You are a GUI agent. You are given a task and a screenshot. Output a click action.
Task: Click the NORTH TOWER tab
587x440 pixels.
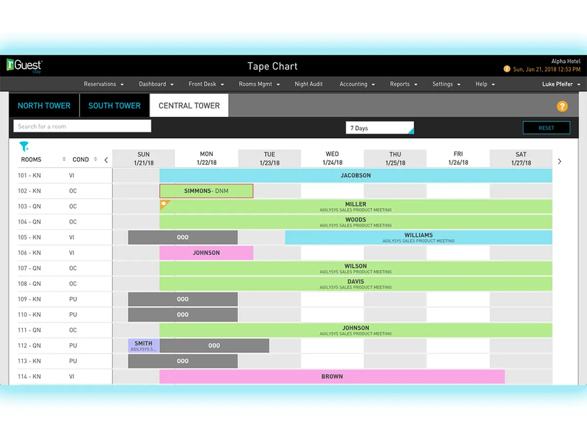point(44,106)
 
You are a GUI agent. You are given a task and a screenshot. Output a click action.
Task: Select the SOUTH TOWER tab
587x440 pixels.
point(114,106)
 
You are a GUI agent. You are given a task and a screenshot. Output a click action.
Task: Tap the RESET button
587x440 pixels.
point(546,128)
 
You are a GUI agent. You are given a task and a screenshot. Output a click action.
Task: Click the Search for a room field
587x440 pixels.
point(82,126)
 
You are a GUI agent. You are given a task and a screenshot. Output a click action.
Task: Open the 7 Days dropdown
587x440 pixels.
point(380,128)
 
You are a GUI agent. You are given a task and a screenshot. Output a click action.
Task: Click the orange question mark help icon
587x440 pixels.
point(562,106)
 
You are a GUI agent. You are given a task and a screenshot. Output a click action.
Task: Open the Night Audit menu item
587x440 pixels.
point(309,84)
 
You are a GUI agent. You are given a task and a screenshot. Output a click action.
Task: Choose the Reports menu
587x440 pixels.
point(404,84)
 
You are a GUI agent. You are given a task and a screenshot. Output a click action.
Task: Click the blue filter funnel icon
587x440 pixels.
point(24,146)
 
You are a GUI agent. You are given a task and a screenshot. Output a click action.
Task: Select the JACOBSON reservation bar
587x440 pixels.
point(356,176)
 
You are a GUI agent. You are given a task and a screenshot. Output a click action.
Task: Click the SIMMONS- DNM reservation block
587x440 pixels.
point(206,191)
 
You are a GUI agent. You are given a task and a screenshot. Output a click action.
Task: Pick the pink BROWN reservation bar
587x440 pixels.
point(332,377)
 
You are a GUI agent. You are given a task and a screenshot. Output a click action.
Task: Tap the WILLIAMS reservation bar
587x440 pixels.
point(418,238)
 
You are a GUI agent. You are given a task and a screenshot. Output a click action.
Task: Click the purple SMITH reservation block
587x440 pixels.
point(143,346)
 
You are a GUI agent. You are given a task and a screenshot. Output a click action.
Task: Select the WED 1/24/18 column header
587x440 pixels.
point(332,158)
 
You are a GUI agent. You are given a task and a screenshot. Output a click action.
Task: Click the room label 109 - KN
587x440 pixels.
point(29,299)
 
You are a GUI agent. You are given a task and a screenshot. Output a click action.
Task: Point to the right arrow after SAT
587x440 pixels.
point(560,161)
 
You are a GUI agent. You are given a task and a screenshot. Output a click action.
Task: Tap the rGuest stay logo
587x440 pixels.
point(24,66)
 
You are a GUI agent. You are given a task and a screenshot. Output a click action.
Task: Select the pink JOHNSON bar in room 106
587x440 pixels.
point(206,253)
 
